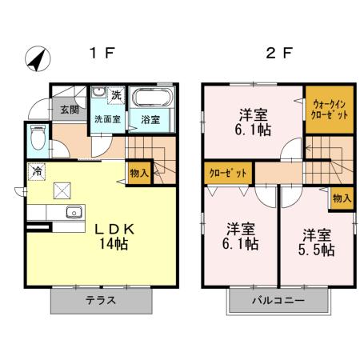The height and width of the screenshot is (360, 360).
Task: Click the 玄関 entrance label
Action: pyautogui.click(x=67, y=110)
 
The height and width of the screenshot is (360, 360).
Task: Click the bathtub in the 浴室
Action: pyautogui.click(x=150, y=100)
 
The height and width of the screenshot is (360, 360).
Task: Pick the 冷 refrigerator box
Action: pyautogui.click(x=37, y=170)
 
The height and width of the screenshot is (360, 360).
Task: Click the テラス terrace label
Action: pyautogui.click(x=102, y=302)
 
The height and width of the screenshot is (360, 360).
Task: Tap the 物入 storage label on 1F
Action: pyautogui.click(x=138, y=171)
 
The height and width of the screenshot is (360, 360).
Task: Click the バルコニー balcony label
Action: pyautogui.click(x=278, y=302)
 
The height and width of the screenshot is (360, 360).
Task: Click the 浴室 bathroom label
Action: pyautogui.click(x=150, y=120)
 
